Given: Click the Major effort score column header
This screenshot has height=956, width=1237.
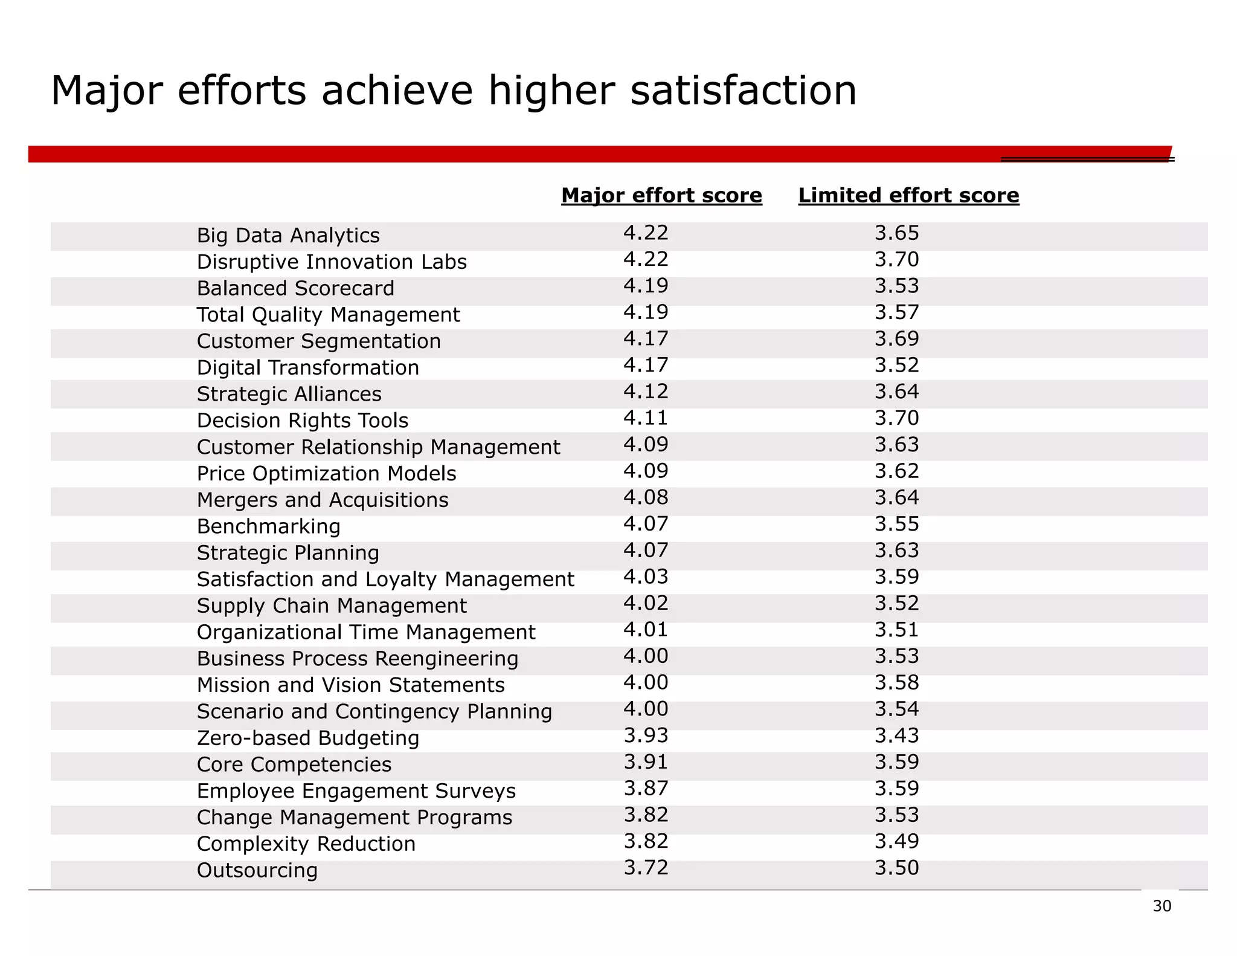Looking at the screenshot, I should (661, 195).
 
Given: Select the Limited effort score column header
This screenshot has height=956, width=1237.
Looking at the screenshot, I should (908, 195).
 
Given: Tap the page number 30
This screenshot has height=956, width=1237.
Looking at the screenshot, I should (1161, 906).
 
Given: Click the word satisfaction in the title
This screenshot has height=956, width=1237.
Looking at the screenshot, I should (743, 91).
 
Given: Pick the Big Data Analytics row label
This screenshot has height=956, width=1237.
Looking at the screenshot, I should (288, 235).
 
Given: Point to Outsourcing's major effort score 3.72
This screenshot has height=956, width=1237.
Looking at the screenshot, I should (646, 868).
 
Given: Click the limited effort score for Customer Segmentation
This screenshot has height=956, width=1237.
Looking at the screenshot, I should (896, 338).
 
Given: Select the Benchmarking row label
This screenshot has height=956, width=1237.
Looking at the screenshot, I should (268, 526).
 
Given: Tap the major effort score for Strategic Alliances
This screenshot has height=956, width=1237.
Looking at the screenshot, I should (646, 392).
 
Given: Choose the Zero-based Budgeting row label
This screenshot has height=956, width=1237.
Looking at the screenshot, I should (307, 738).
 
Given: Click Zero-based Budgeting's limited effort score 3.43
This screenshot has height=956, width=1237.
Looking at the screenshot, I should (896, 735).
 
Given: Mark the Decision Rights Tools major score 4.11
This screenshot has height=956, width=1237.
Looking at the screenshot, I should (646, 418).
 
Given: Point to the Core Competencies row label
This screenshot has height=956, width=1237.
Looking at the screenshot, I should (294, 764).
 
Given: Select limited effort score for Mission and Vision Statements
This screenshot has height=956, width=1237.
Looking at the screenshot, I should (896, 683).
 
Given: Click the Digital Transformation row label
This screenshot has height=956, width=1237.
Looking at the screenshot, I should (307, 367).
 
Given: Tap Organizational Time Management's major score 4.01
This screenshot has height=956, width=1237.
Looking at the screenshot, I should (646, 630).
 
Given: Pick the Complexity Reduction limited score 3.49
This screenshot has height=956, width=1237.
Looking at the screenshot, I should (896, 841).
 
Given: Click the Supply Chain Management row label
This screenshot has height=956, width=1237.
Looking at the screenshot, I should (331, 606).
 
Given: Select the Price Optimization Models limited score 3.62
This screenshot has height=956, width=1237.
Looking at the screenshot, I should (896, 471).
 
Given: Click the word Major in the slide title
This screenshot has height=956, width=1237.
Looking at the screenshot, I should (107, 91).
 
